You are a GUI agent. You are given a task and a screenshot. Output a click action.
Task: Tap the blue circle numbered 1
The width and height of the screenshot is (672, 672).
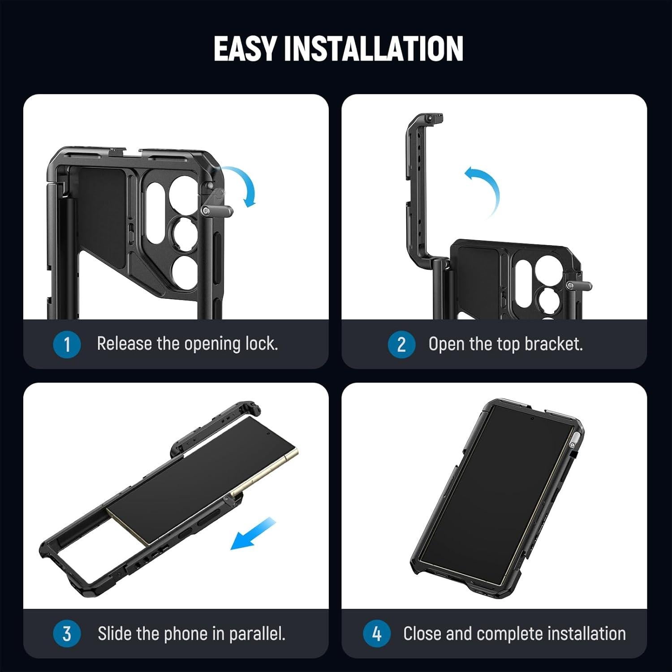[67, 345]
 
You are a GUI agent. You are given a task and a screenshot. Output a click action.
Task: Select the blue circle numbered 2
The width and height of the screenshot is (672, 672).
[401, 345]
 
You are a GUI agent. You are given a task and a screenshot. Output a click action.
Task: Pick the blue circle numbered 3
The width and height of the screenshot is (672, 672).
[67, 634]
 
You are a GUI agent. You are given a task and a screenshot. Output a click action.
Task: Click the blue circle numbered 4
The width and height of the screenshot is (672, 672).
[377, 634]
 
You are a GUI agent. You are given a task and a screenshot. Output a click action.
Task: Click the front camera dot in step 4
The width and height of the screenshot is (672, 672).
[532, 418]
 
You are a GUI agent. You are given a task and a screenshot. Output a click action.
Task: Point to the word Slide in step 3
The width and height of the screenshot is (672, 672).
[115, 633]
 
